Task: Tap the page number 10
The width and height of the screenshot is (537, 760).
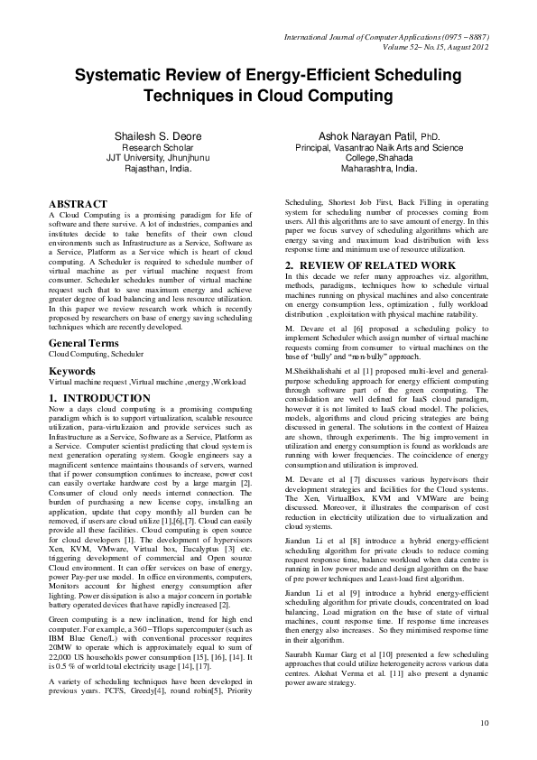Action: pyautogui.click(x=485, y=722)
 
